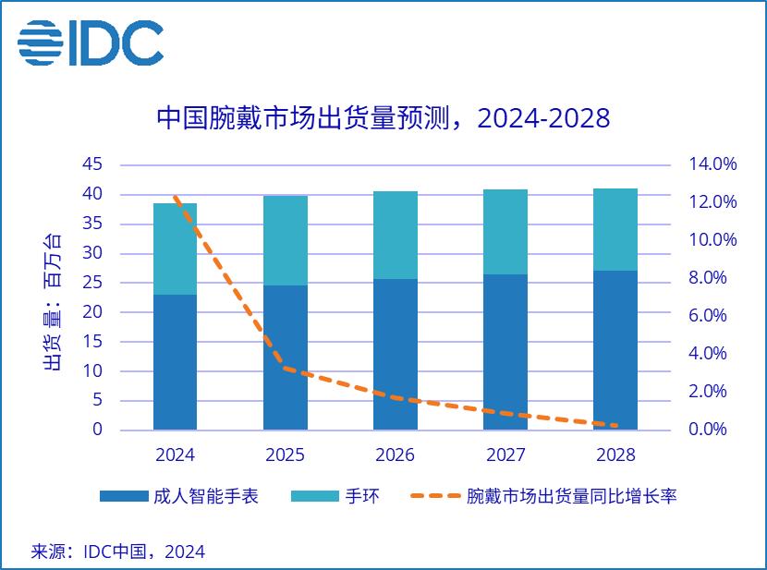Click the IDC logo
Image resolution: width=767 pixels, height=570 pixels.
pos(91,42)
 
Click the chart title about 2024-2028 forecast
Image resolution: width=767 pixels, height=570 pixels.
pos(383,119)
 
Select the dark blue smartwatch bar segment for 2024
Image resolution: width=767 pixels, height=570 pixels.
pos(176,362)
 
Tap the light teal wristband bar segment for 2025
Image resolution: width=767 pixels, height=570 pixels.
pos(286,240)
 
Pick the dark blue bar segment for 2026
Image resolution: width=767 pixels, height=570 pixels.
pos(396,354)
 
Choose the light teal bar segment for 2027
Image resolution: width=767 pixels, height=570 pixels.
pos(505,232)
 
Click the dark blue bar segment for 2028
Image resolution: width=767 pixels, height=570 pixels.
pos(615,349)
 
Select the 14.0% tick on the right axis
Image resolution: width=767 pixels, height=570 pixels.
pos(712,164)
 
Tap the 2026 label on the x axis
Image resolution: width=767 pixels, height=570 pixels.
pos(396,455)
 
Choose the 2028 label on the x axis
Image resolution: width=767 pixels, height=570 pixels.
pos(615,455)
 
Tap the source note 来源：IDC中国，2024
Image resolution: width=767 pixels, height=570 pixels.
pos(118,552)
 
